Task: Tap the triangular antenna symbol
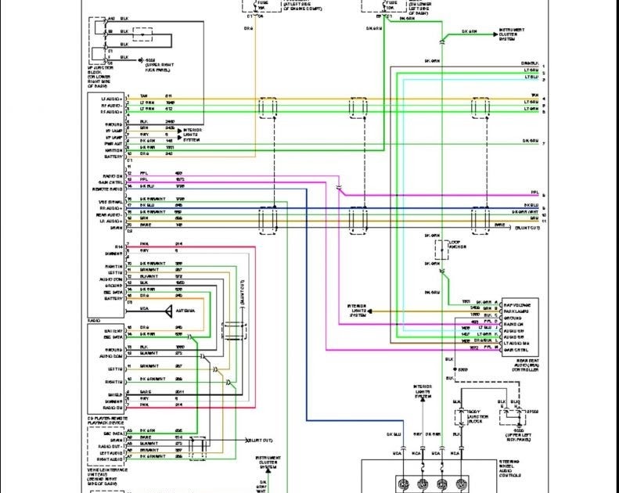click(x=168, y=311)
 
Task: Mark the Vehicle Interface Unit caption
click(x=108, y=474)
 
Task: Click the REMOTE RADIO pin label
click(x=107, y=187)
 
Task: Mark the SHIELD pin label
click(x=114, y=394)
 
